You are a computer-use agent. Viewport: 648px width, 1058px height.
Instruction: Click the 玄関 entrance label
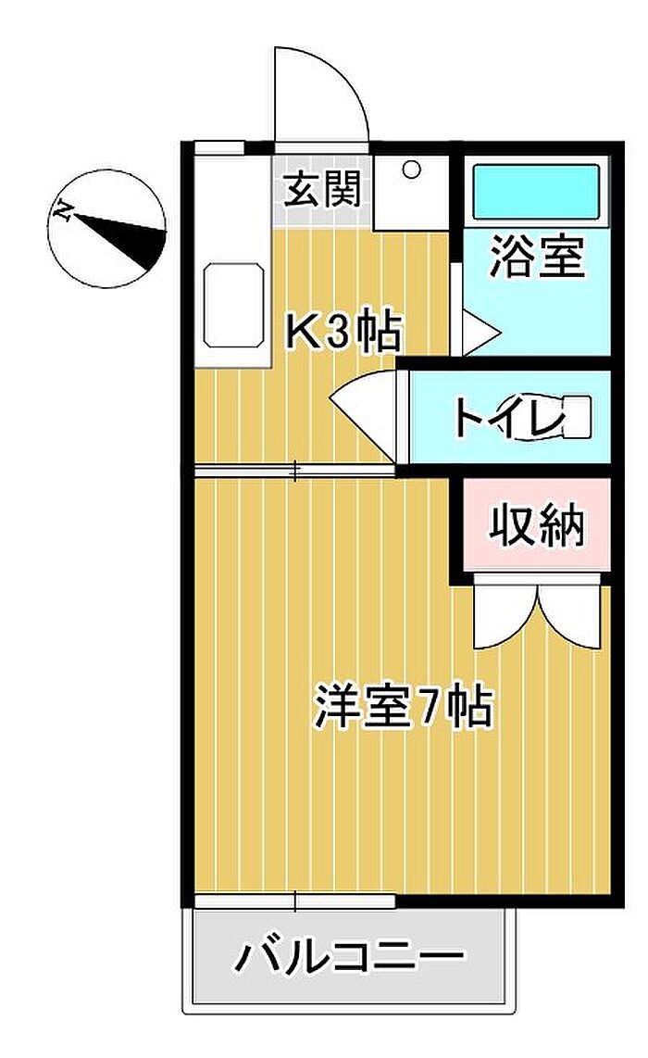coord(321,190)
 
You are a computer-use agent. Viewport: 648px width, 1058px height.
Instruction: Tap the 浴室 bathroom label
coord(537,257)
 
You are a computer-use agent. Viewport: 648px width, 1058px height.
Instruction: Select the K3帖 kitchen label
coord(343,332)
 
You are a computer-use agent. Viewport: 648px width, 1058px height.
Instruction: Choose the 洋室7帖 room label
coord(404,707)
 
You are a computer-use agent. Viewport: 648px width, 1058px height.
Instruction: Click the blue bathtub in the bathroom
coord(536,192)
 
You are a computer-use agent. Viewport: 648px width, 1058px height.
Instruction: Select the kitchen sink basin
coord(233,306)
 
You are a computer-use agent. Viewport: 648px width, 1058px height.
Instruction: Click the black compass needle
coord(120,239)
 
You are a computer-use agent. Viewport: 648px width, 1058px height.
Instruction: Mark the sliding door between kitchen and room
coord(294,471)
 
